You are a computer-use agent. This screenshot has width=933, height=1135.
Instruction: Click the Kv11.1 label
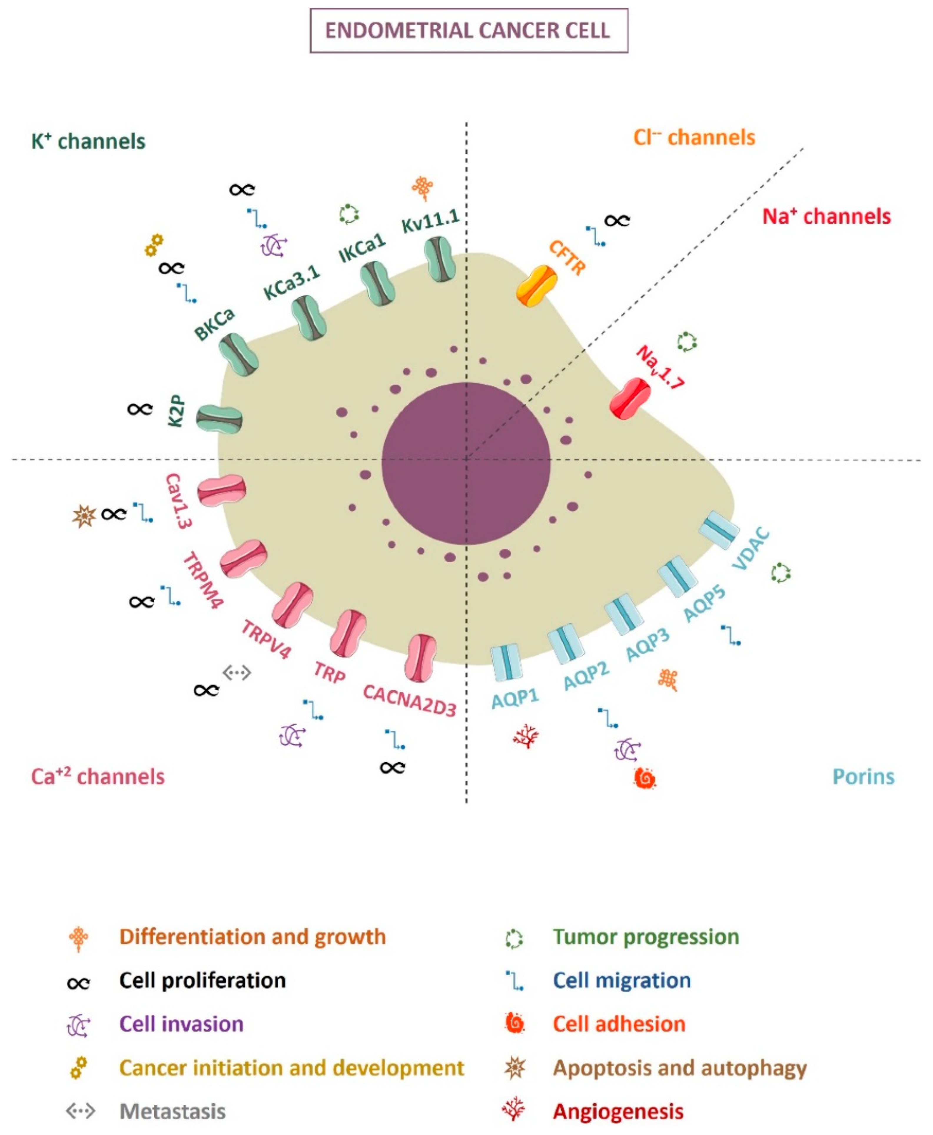(431, 221)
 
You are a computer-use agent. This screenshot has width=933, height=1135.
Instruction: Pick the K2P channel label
(176, 411)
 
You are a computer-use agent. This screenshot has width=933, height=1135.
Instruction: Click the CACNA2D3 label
(409, 700)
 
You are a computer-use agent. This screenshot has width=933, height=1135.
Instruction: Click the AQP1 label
(515, 699)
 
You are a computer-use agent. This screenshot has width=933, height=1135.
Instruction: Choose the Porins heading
(863, 777)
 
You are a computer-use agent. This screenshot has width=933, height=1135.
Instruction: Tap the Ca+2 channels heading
(98, 777)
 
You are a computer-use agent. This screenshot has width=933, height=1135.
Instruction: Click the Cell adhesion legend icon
(514, 1024)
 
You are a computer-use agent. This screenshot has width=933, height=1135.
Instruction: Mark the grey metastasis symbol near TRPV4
(237, 672)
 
